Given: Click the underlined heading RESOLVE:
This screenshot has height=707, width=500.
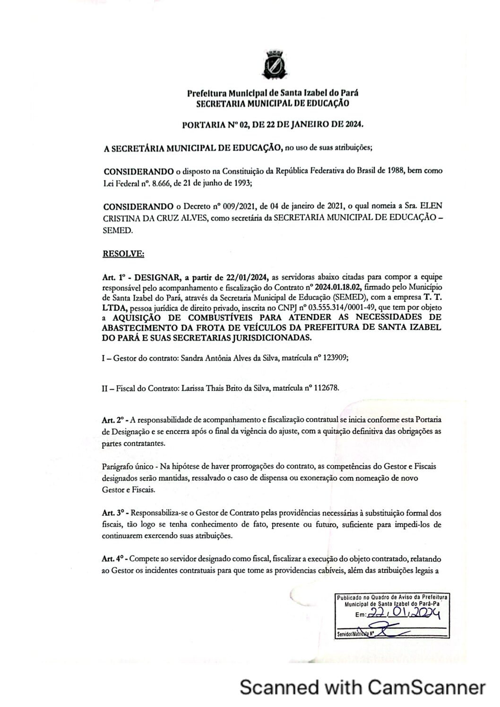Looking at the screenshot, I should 123,254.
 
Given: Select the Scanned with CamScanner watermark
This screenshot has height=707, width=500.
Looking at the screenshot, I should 362,686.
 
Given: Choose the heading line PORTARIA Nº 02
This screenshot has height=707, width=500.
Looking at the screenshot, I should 273,125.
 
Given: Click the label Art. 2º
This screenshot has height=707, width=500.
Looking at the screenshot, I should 112,419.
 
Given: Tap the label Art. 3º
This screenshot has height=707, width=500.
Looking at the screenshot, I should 112,512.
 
